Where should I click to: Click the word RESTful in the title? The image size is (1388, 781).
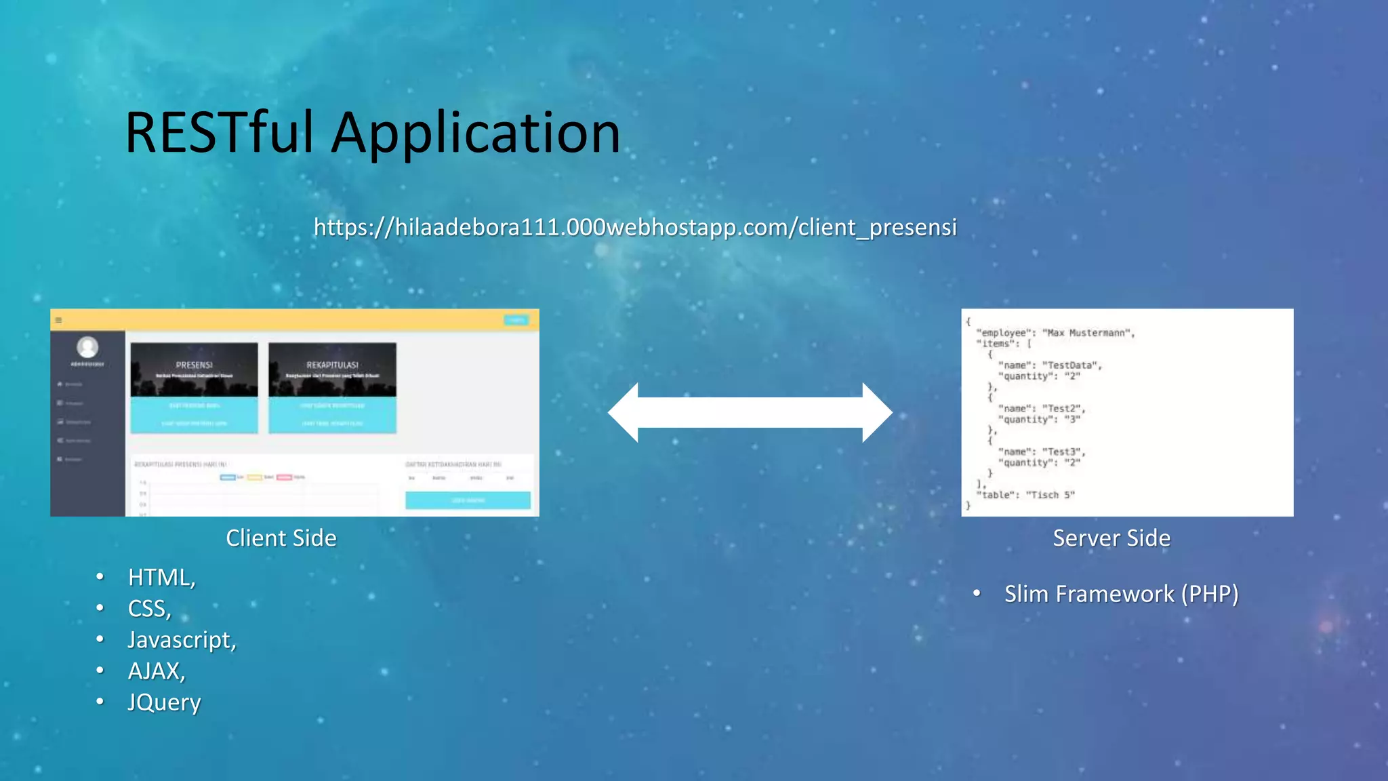pos(219,133)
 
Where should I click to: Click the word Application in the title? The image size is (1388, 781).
pos(475,134)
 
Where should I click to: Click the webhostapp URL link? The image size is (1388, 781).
pos(634,227)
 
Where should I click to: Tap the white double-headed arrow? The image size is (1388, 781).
pos(750,412)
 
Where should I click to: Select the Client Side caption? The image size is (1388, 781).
pos(281,538)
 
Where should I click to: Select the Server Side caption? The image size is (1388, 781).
pos(1111,538)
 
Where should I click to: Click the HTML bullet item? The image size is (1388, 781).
pos(161,578)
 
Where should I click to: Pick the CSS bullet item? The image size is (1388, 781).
pos(149,609)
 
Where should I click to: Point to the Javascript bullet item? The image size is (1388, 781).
pos(182,640)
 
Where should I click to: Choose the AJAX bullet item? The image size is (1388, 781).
pos(156,671)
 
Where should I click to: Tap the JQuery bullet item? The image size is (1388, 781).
pos(164,702)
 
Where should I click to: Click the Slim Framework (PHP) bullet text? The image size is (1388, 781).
pos(1121,594)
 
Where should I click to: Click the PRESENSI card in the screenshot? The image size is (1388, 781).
pos(194,369)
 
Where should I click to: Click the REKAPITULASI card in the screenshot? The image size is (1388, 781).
pos(332,369)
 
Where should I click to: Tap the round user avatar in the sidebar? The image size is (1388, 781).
pos(87,347)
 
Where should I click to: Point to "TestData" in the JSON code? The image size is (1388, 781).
pos(1070,365)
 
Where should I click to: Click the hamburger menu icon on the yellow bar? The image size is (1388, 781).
pos(59,320)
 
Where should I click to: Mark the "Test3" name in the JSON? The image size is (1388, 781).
pos(1062,452)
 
